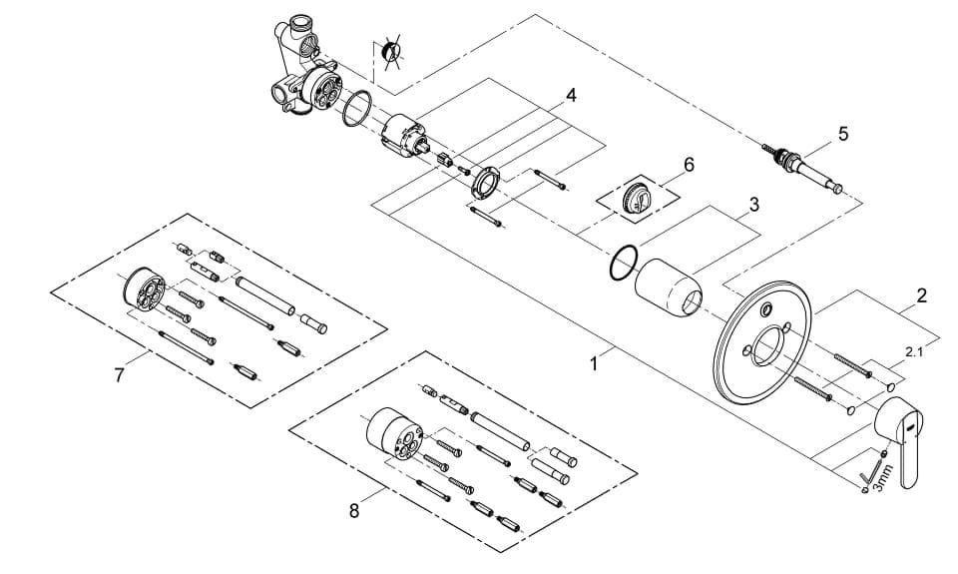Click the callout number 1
click(594, 364)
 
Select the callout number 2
click(922, 295)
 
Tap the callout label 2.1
click(913, 351)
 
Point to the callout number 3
click(754, 205)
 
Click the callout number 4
click(571, 96)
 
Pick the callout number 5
click(843, 134)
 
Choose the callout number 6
click(690, 165)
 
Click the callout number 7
click(119, 374)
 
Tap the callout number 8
click(354, 511)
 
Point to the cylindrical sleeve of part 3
click(669, 287)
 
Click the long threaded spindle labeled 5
click(801, 169)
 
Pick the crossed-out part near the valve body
click(390, 51)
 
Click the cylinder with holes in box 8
click(393, 433)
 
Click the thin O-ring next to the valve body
click(357, 109)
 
